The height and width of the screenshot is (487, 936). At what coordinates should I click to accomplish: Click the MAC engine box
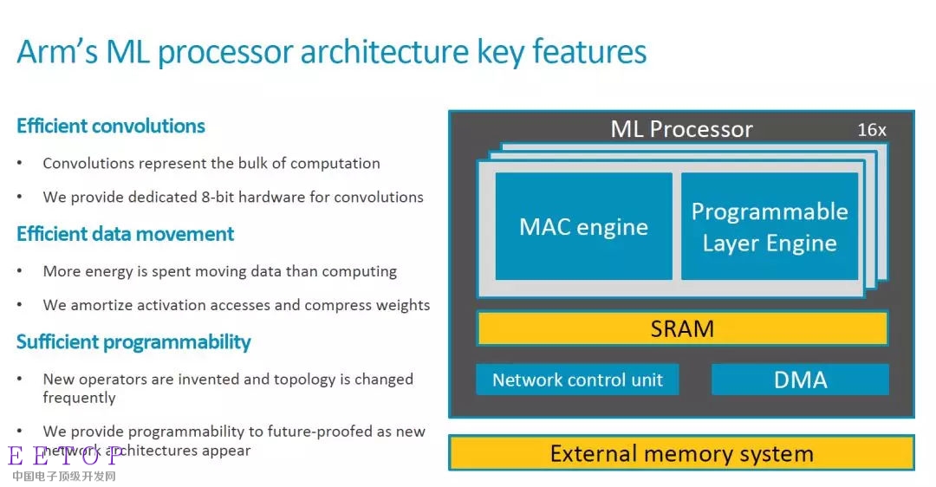tap(584, 226)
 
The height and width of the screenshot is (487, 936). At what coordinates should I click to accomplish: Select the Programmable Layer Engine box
tap(770, 226)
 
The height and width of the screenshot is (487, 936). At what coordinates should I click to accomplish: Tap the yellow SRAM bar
tap(682, 328)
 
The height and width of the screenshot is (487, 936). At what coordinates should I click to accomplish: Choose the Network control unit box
tap(577, 380)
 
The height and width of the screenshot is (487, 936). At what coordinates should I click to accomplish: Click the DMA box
tap(800, 380)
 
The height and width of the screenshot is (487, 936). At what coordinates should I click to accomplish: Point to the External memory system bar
tap(682, 453)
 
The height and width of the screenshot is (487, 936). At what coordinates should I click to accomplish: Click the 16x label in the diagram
tap(872, 129)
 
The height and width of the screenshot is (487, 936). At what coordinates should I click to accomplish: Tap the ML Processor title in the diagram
tap(682, 129)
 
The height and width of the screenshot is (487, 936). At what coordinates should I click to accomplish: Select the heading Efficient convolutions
tap(111, 126)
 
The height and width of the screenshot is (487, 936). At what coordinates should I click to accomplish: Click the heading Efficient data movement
tap(126, 234)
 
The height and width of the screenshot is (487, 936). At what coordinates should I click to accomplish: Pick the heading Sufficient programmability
tap(133, 342)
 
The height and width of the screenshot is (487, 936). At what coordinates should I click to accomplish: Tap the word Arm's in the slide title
tap(56, 51)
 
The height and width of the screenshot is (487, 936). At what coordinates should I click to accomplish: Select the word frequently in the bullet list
tap(80, 398)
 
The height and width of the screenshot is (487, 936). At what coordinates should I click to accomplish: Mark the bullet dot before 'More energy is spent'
tap(20, 271)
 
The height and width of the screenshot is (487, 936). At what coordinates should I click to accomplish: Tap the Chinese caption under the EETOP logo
tap(64, 476)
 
